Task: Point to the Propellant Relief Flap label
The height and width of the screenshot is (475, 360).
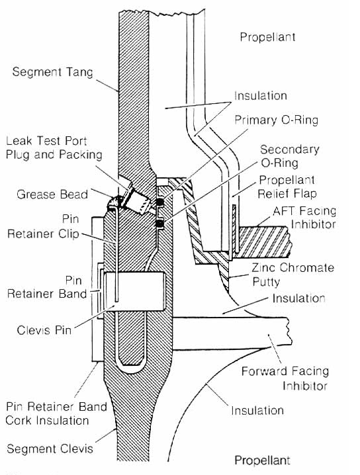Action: click(x=287, y=187)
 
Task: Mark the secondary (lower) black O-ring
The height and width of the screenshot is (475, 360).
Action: click(x=159, y=224)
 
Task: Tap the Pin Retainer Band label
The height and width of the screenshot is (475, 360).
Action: click(x=52, y=286)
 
